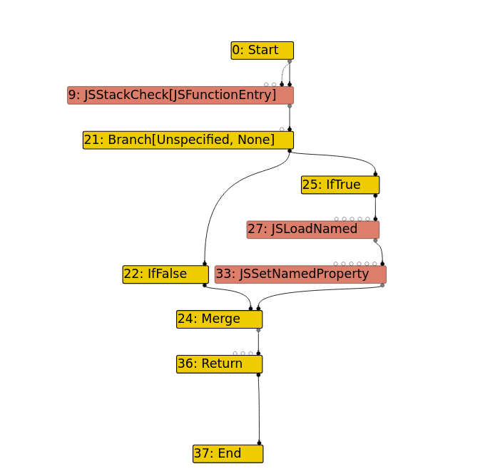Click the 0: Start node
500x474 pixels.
point(262,51)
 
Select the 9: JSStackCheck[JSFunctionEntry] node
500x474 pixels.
point(180,96)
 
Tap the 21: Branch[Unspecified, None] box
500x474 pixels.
point(188,140)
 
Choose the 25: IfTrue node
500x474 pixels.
point(340,185)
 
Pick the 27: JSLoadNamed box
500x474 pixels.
point(312,230)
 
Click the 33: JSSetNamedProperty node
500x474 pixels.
point(300,274)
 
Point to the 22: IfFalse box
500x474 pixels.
point(165,274)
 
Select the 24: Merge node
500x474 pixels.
point(219,319)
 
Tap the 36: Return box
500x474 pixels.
point(219,364)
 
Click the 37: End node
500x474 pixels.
point(228,454)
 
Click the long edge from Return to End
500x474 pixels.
point(259,410)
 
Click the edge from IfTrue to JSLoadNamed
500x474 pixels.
point(375,207)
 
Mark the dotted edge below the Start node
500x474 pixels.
point(283,73)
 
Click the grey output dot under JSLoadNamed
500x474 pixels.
point(376,240)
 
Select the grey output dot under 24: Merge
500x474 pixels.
point(258,330)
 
